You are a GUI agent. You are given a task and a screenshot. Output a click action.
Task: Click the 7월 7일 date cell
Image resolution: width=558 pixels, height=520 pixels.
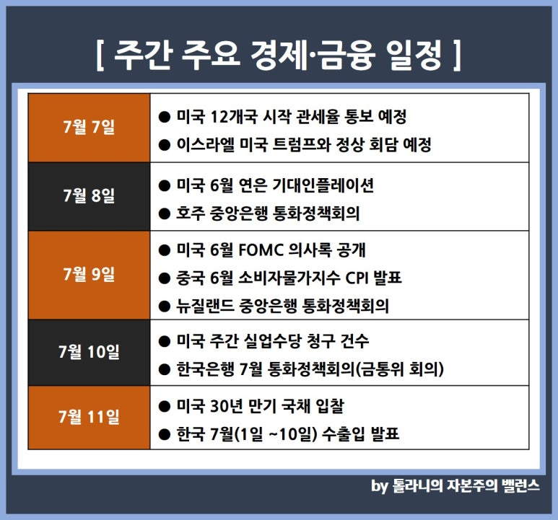tap(89, 127)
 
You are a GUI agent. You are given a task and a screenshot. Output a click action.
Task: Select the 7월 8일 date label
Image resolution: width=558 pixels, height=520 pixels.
tap(89, 195)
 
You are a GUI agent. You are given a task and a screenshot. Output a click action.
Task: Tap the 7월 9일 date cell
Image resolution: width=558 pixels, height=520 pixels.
tap(89, 275)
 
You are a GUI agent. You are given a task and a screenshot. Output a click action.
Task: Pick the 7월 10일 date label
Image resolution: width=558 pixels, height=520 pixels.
tap(89, 352)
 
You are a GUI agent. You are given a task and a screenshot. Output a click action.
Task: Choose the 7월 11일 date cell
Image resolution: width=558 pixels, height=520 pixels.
tap(89, 417)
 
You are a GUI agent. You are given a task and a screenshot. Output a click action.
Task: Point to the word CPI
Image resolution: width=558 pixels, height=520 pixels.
tap(357, 278)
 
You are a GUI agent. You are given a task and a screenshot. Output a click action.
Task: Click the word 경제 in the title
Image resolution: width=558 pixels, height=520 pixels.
tap(279, 56)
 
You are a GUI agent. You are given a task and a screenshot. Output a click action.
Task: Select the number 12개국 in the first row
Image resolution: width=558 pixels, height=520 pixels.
tap(234, 117)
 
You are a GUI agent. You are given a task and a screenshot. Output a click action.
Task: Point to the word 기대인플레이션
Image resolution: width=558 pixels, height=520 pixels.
tap(323, 185)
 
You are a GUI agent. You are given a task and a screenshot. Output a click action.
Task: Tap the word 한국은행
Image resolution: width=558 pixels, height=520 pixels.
tap(205, 369)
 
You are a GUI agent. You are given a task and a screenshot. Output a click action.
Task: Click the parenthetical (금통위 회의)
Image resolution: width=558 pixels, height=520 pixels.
tap(400, 369)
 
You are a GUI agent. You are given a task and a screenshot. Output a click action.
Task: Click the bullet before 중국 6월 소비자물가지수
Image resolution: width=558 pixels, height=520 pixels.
tap(164, 278)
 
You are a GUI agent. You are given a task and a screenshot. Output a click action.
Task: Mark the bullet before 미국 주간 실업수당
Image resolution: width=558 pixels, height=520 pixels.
tap(164, 342)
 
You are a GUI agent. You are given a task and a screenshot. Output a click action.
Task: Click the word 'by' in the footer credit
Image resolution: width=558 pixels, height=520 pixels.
tap(380, 486)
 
